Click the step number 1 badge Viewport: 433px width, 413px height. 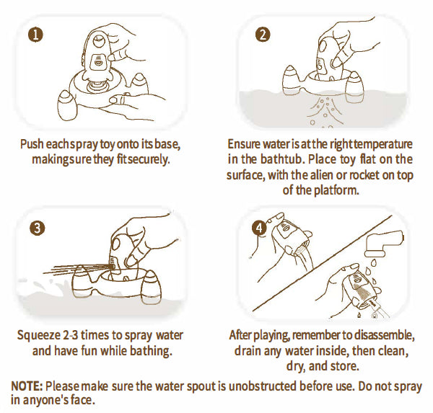tap(35, 35)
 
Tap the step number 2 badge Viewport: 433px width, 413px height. tap(263, 35)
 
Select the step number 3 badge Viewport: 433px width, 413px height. tap(37, 228)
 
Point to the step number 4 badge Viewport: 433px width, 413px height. tap(259, 228)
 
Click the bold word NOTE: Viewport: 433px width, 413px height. tap(27, 386)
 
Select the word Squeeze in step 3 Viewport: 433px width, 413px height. tap(39, 336)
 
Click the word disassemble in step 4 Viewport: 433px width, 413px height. tap(384, 335)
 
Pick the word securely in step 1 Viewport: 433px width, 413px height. tap(149, 160)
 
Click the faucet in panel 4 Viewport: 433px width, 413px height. tap(384, 243)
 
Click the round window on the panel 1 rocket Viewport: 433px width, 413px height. tap(97, 41)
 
